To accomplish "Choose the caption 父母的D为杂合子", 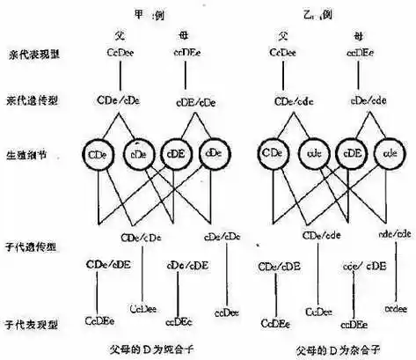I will (328, 343).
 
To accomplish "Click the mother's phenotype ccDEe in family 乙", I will (362, 54).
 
